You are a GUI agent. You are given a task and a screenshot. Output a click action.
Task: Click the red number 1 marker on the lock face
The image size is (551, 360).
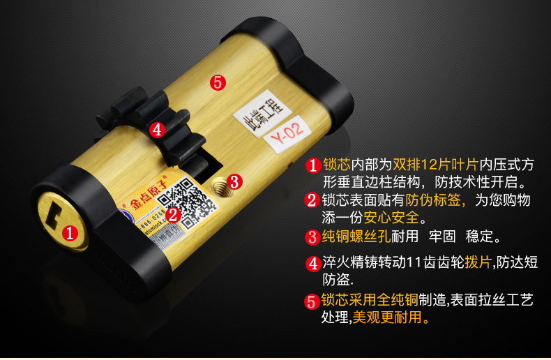[69, 232]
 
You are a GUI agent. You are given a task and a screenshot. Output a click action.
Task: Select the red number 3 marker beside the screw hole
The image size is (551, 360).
[234, 182]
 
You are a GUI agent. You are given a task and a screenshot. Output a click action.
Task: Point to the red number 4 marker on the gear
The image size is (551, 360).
[157, 129]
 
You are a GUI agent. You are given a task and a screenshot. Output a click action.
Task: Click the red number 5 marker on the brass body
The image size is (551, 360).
[218, 82]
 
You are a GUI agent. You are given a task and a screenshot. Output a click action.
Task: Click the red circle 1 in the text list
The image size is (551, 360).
[312, 165]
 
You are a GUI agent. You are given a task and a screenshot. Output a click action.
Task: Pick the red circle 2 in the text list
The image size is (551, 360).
[312, 200]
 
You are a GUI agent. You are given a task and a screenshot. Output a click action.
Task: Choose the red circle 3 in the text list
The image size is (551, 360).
[312, 236]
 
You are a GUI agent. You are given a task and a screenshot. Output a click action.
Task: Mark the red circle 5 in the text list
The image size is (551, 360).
[312, 301]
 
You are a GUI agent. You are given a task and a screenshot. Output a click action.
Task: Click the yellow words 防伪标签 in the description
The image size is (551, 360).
[437, 201]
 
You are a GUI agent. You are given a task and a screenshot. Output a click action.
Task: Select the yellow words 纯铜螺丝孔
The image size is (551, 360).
[356, 236]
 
